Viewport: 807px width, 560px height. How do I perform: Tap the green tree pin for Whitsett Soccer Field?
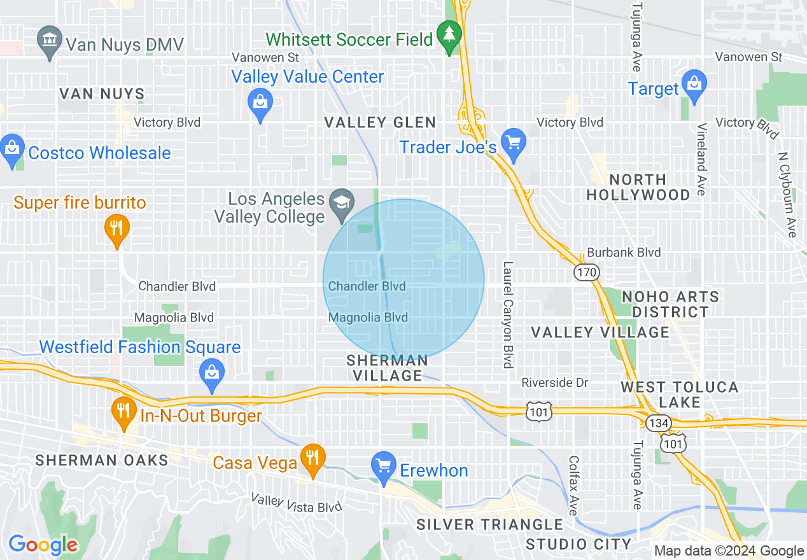coord(450,36)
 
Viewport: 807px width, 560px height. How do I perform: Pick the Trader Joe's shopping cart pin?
coord(513,143)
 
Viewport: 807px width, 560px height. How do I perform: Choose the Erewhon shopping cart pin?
coord(383,468)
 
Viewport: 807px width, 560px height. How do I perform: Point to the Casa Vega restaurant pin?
coord(312,459)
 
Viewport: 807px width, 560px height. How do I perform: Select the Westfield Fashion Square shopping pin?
coord(211,375)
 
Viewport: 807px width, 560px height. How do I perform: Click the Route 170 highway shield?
coord(586,272)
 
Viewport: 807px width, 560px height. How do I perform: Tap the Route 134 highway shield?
coord(656,422)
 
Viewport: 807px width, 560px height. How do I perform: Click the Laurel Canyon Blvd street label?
coord(507,315)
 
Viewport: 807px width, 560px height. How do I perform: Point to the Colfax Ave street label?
coord(573,485)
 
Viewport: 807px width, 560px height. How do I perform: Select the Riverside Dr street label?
coord(555,382)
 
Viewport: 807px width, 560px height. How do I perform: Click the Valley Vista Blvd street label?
coord(296,503)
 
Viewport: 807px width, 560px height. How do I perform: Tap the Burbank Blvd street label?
coord(624,252)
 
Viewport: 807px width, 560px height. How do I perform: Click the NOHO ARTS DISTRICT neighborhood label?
coord(670,304)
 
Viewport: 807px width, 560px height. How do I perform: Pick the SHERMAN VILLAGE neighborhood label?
coord(388,368)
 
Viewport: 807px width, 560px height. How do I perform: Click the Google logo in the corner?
coord(43,545)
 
